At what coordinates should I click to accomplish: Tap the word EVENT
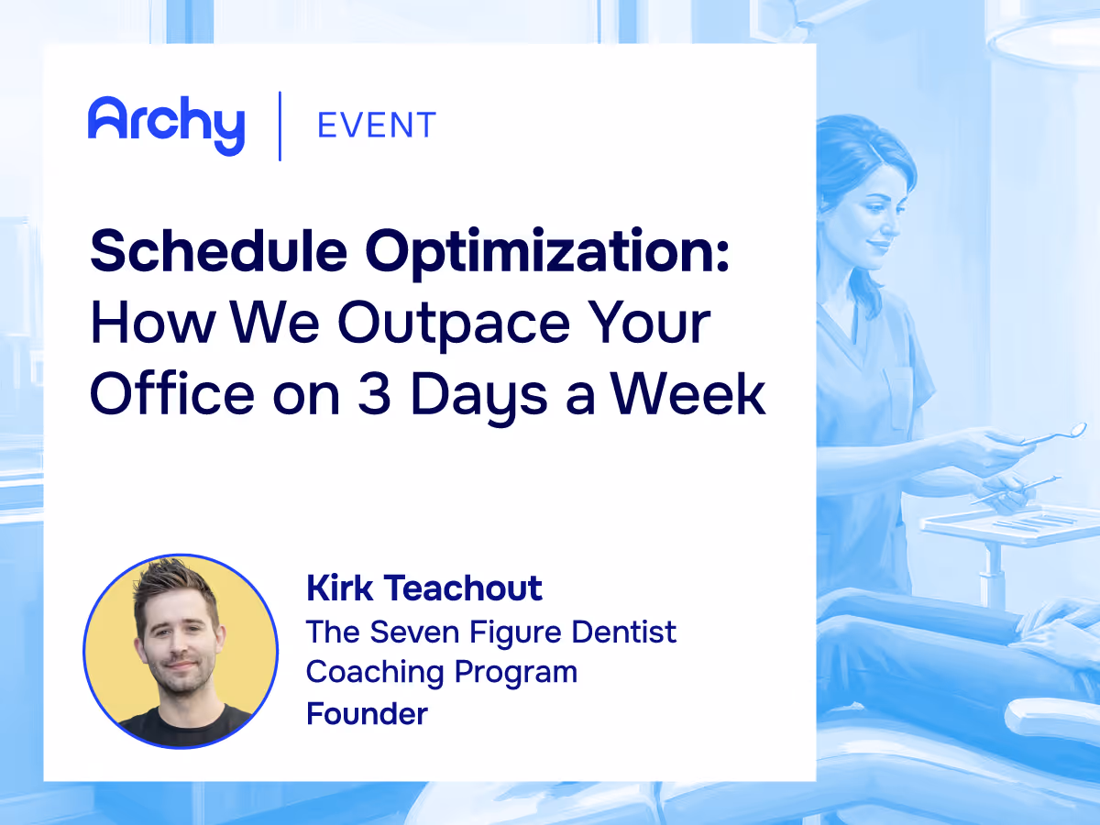[376, 125]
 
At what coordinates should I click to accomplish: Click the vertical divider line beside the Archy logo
[280, 126]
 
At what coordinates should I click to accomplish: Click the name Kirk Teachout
[424, 588]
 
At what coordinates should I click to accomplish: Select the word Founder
[367, 713]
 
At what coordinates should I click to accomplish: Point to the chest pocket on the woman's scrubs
[898, 394]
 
